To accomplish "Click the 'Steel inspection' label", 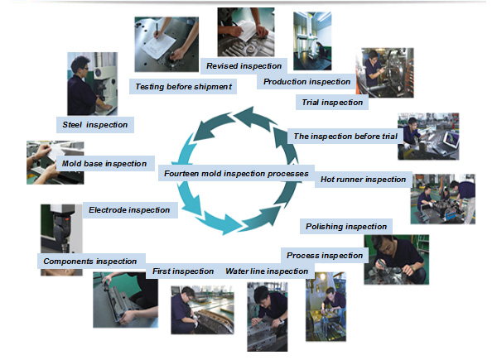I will (95, 124).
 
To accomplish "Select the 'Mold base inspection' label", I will (104, 163).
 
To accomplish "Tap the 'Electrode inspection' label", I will (129, 209).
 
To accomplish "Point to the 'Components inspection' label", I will (89, 262).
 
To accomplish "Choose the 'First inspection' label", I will (183, 271).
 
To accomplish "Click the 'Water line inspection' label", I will (267, 271).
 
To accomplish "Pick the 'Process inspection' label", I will (323, 255).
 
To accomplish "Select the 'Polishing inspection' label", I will (345, 226).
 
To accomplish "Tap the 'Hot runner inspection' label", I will (364, 179).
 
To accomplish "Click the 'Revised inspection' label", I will (244, 65).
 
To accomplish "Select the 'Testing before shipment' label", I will (183, 86).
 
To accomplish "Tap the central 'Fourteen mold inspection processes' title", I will (236, 174).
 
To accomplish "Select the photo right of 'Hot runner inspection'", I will (442, 199).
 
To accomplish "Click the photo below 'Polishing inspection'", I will (396, 259).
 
